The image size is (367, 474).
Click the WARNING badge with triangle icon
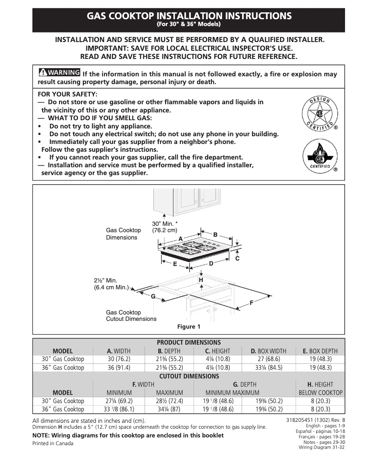point(59,73)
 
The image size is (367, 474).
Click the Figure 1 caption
point(189,327)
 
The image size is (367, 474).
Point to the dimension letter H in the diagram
point(200,279)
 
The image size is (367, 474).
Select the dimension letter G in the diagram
point(153,297)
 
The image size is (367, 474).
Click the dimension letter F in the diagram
point(251,303)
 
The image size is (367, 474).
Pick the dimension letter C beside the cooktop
point(237,259)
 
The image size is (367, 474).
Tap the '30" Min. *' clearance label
point(165,224)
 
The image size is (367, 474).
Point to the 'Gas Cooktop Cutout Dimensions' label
point(131,315)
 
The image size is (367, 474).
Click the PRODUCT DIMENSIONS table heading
point(189,342)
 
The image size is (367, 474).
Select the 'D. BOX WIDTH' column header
point(268,351)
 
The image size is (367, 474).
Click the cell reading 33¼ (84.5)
point(268,367)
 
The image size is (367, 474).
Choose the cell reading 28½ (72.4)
point(169,401)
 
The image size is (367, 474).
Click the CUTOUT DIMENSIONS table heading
point(189,376)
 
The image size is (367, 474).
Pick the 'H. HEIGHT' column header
point(320,384)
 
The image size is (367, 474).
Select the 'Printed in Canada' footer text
point(53,443)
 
